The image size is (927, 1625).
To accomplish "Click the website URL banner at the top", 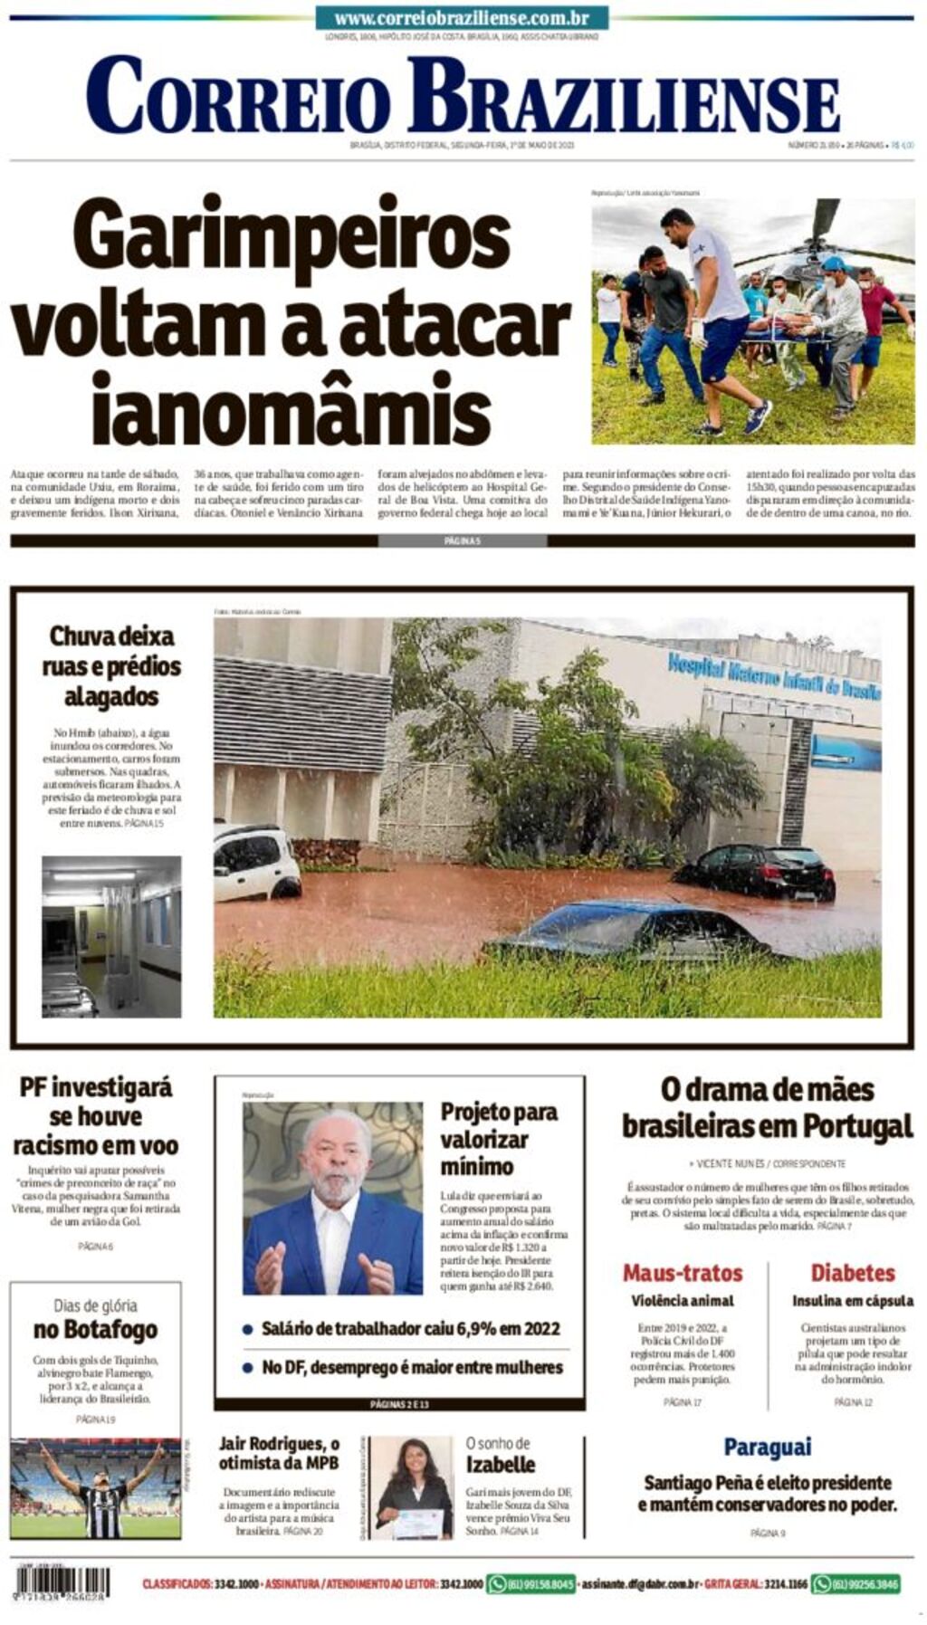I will pyautogui.click(x=462, y=17).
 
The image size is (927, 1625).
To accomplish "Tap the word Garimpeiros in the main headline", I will pyautogui.click(x=291, y=233).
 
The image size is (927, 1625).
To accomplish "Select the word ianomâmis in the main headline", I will pyautogui.click(x=291, y=409).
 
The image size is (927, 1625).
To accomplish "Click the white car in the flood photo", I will pyautogui.click(x=256, y=861).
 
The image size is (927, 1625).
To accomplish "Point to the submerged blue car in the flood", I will pyautogui.click(x=634, y=929).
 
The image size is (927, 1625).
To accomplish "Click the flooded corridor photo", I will pyautogui.click(x=111, y=936).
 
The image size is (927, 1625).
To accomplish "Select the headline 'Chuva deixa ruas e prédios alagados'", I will pyautogui.click(x=111, y=666).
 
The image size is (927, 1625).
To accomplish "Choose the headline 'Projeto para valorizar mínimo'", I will pyautogui.click(x=498, y=1139).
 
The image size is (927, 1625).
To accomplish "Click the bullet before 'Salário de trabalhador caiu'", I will pyautogui.click(x=247, y=1330).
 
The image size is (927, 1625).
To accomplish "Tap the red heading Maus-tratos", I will pyautogui.click(x=683, y=1273).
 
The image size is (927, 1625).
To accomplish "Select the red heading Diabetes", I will pyautogui.click(x=852, y=1273).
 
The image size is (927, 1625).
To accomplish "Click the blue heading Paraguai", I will pyautogui.click(x=767, y=1448).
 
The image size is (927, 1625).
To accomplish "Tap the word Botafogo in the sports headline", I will pyautogui.click(x=95, y=1330).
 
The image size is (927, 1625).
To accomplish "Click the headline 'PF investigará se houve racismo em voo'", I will pyautogui.click(x=95, y=1116).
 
